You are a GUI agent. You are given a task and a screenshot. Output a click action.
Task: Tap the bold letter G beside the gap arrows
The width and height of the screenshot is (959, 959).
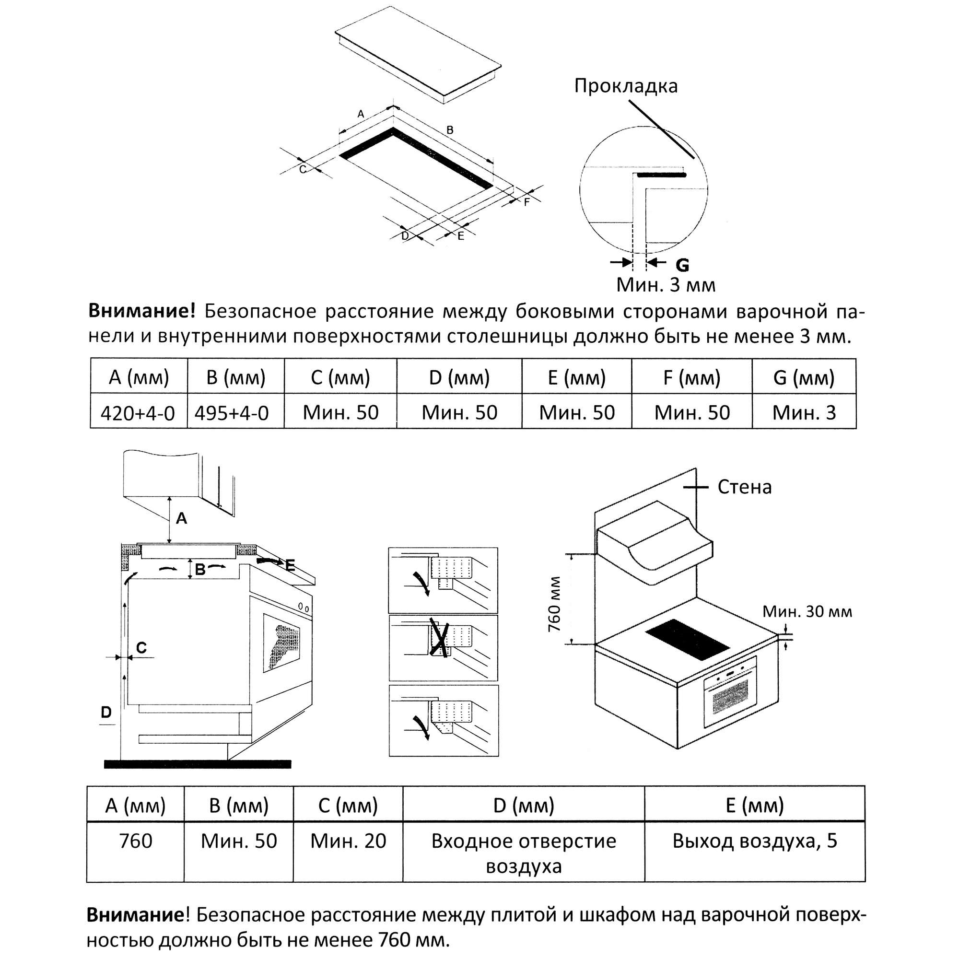coord(682,266)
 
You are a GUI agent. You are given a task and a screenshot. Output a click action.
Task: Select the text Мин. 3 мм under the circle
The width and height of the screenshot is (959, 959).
coord(666,285)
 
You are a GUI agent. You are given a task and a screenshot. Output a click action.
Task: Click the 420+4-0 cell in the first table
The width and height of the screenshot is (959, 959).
coord(138,413)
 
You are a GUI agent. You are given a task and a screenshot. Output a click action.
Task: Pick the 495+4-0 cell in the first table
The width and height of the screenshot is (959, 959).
coord(231,413)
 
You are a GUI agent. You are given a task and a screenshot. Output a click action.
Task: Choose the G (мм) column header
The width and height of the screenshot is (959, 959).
coord(804,378)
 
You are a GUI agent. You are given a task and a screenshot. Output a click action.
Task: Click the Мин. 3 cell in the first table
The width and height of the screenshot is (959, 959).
coord(804,412)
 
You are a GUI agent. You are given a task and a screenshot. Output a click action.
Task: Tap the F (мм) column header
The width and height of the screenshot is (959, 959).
coord(691,378)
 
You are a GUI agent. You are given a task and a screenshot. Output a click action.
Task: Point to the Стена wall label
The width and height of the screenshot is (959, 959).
coord(744,488)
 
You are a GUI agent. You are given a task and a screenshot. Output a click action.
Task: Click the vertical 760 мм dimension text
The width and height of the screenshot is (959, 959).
coord(554,604)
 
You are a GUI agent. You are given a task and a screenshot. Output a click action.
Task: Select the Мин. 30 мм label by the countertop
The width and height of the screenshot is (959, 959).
coord(807,611)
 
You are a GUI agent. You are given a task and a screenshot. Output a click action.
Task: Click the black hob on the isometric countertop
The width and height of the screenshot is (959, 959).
coord(688,639)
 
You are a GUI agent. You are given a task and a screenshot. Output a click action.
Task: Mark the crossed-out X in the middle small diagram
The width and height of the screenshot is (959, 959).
coord(439,637)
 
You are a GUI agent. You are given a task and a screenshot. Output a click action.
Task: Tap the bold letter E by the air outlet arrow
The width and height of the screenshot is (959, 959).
coord(290,565)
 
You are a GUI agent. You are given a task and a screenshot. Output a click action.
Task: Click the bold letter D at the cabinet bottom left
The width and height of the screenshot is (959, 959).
coord(106,713)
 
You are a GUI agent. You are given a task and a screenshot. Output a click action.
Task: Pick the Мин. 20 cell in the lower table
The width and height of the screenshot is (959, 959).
coord(348,841)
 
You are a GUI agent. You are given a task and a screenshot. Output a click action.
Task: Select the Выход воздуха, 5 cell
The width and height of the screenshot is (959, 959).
coord(754,841)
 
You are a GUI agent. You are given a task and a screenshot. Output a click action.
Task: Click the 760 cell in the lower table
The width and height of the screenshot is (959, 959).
coord(136,841)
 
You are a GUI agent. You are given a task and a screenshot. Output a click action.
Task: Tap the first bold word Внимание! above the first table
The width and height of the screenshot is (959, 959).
coord(142,311)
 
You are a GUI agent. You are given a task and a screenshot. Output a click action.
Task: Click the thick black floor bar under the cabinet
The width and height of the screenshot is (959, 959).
coord(198,764)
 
